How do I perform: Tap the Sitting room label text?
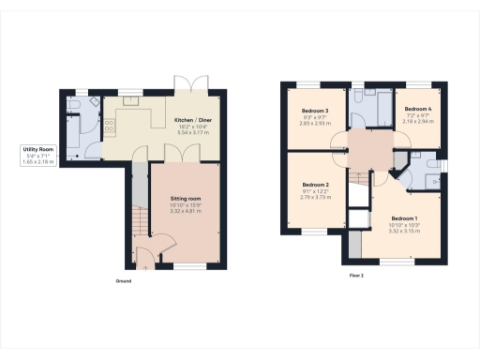click(185, 200)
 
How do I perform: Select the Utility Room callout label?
click(38, 149)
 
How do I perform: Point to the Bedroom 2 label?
click(315, 185)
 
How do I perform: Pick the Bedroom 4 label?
click(419, 110)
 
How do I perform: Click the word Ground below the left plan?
click(123, 281)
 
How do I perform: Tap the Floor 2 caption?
click(356, 276)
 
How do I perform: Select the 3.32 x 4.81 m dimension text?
click(185, 212)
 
